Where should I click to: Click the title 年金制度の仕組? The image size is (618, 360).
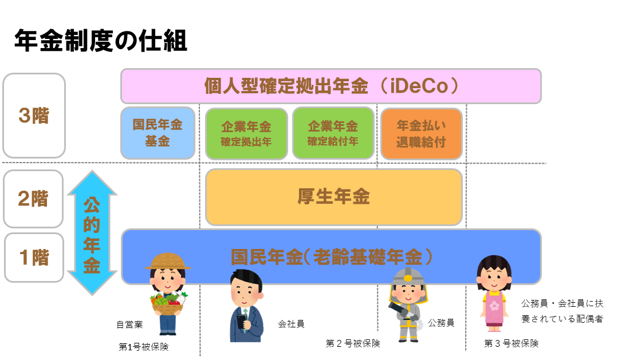click(100, 41)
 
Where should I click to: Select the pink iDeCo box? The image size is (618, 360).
click(331, 86)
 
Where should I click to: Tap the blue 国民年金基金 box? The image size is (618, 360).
click(158, 133)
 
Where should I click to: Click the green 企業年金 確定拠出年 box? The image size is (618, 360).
click(246, 133)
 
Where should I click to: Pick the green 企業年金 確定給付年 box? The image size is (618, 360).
click(333, 133)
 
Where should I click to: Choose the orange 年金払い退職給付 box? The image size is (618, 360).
click(422, 133)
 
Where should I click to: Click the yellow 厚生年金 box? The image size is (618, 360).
click(334, 196)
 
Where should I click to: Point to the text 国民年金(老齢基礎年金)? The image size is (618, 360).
click(332, 257)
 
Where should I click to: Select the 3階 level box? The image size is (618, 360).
click(34, 116)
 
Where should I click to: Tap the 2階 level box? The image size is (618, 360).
click(33, 199)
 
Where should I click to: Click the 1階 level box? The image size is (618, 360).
click(34, 258)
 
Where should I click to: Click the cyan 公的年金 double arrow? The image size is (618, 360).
click(92, 232)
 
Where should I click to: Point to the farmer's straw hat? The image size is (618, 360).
click(168, 262)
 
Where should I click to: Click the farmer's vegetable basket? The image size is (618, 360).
click(168, 305)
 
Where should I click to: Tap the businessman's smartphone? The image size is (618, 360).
click(241, 322)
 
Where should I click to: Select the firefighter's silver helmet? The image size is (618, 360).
click(408, 276)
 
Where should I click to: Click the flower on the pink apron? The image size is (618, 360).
click(494, 306)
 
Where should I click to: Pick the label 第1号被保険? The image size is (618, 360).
click(143, 347)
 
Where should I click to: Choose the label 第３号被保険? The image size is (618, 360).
click(511, 343)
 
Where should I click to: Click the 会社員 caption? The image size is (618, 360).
click(292, 324)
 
